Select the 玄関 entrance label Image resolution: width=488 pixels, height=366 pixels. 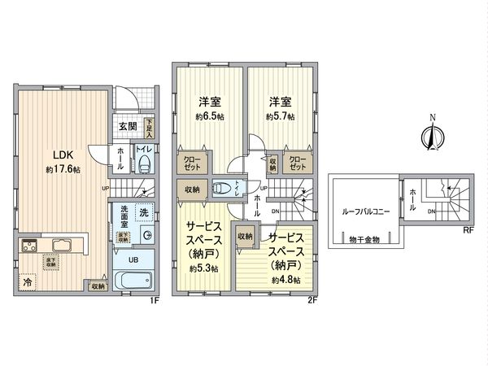click(128, 126)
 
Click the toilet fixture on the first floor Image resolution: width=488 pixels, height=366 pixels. click(144, 166)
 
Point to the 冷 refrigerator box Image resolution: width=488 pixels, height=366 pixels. click(28, 283)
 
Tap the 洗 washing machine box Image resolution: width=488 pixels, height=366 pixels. click(143, 212)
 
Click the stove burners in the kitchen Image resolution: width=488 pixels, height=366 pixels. click(29, 246)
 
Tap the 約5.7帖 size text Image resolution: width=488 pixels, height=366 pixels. click(279, 116)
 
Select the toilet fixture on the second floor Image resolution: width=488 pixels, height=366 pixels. click(221, 189)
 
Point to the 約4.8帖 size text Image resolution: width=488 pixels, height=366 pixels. click(285, 279)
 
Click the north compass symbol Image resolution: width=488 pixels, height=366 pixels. click(433, 135)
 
